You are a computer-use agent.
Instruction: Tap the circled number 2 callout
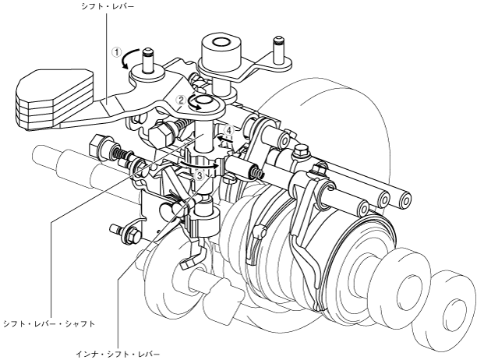pos(181,100)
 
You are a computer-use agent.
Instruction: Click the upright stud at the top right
pos(277,46)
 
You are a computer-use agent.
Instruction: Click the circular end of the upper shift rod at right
pos(405,198)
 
